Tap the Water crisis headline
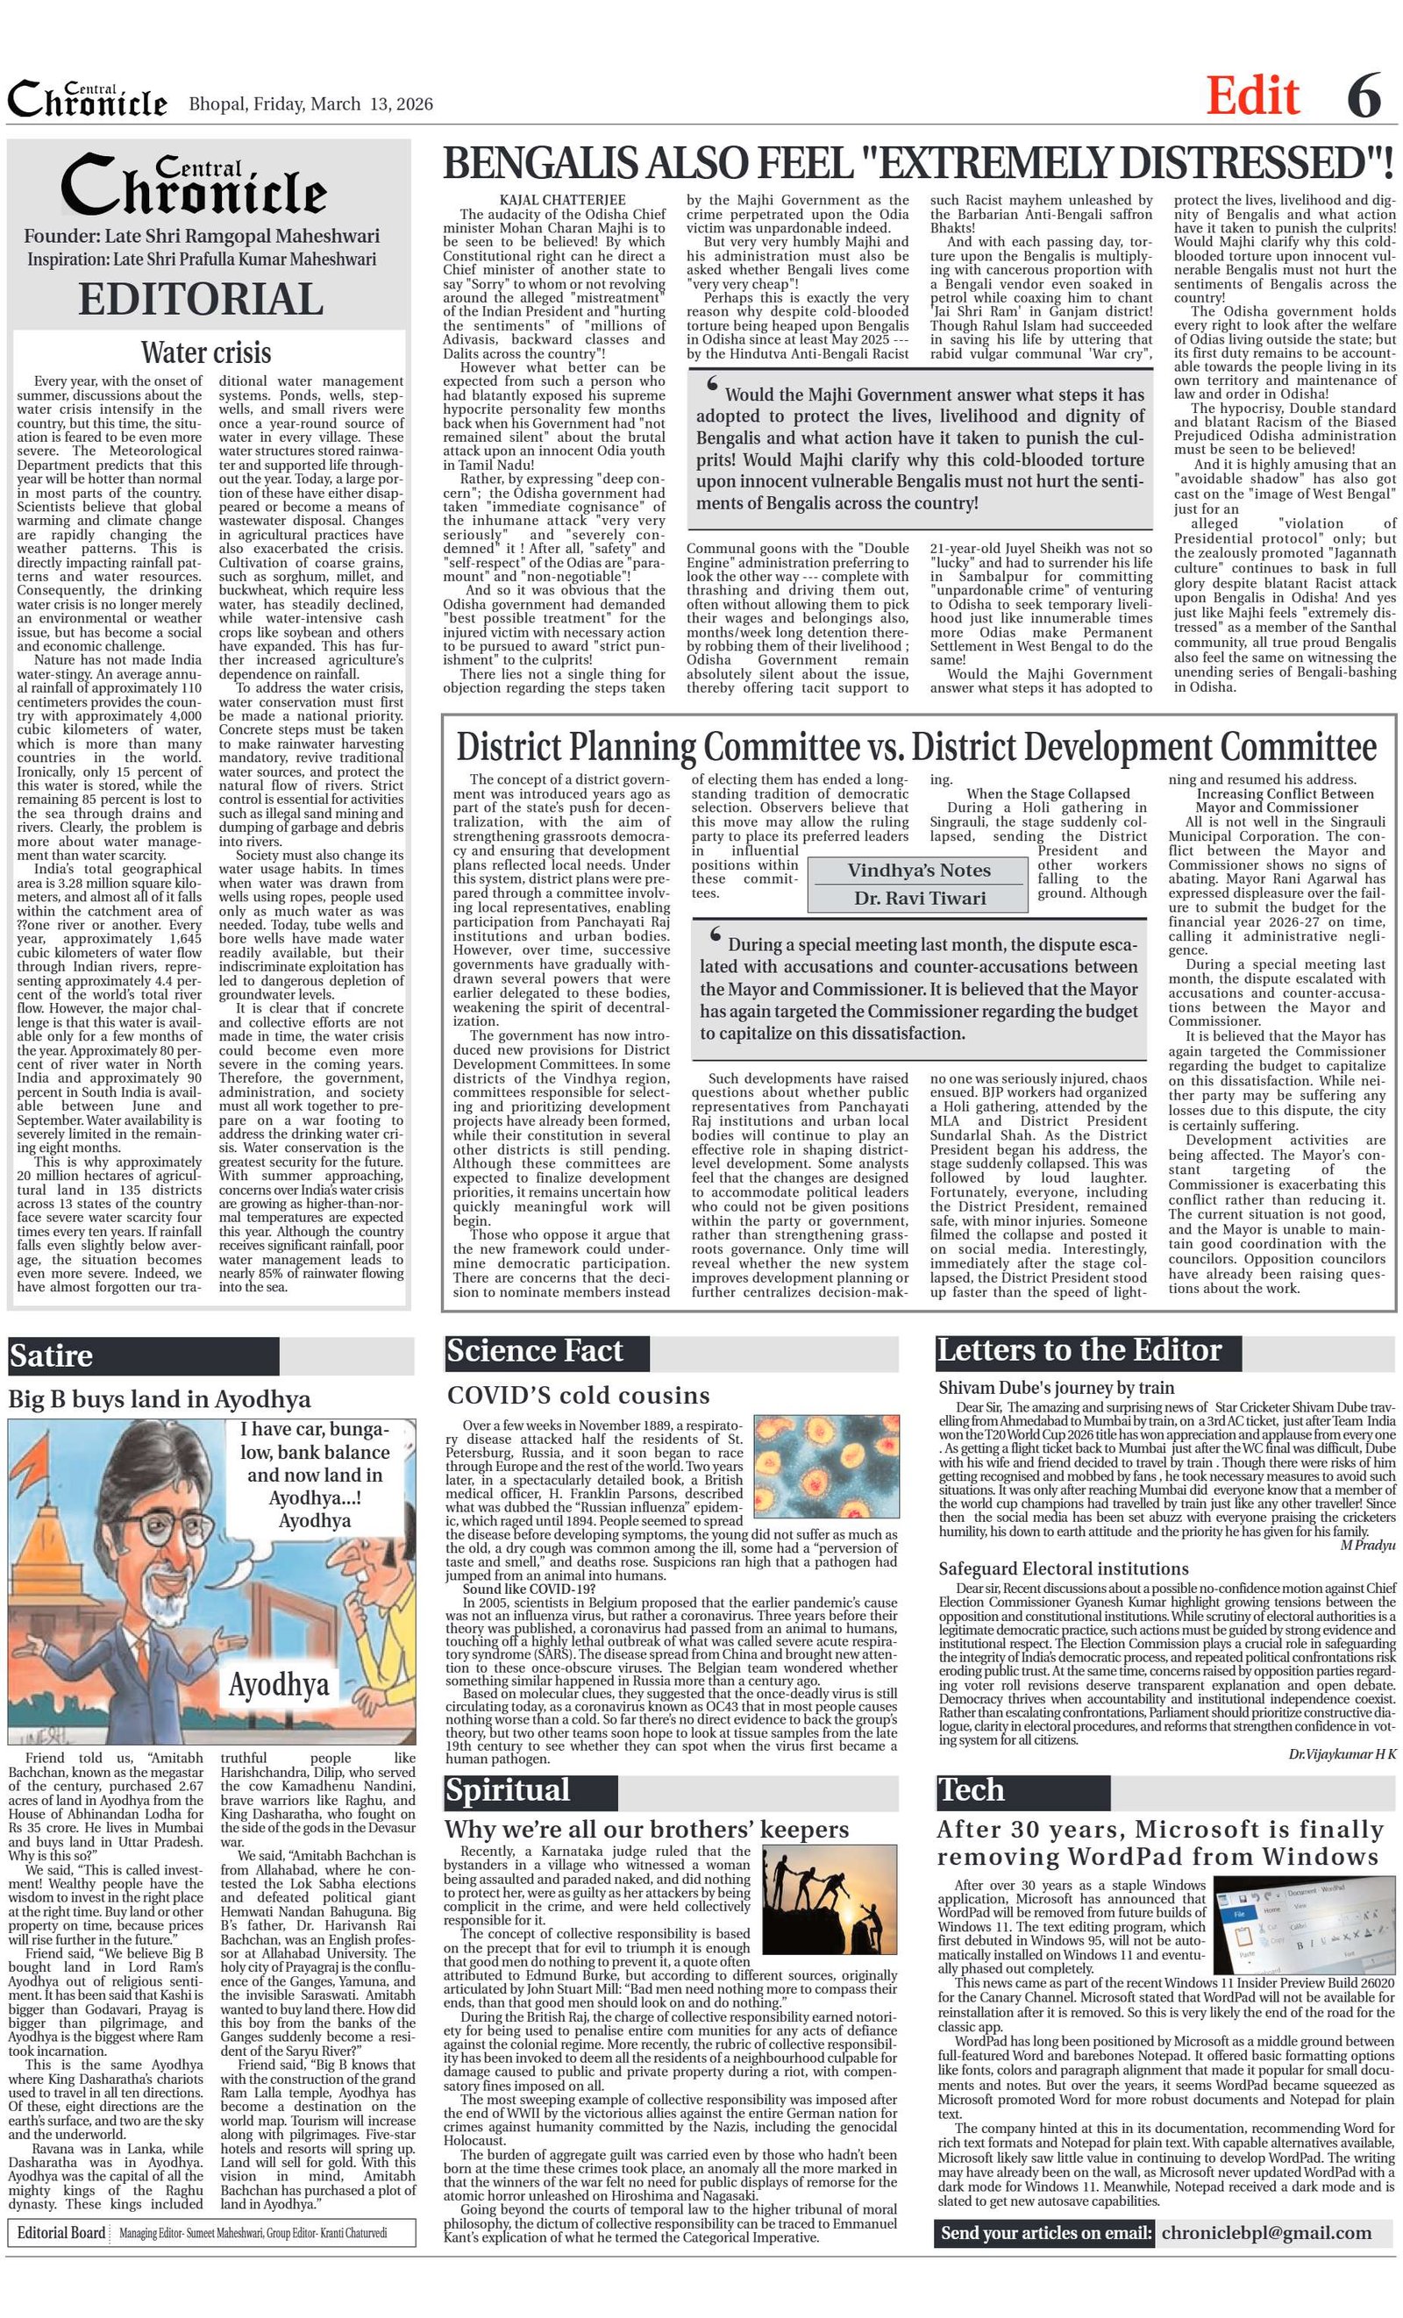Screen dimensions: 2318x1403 (x=205, y=352)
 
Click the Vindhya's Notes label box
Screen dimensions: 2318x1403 (x=918, y=871)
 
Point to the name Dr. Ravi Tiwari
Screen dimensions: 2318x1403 (x=918, y=898)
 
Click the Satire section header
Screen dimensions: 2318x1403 (x=52, y=1355)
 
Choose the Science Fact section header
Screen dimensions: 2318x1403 (x=535, y=1351)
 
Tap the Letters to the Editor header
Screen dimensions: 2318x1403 (x=1079, y=1351)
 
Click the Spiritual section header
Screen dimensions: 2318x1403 (x=508, y=1790)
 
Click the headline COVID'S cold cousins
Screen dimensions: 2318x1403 (x=578, y=1395)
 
